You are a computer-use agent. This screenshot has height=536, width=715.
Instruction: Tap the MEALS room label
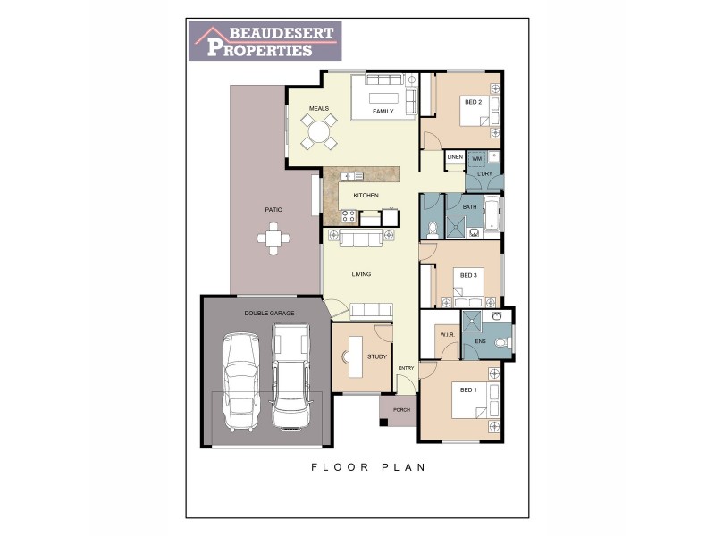click(319, 108)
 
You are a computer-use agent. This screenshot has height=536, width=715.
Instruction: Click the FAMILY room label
click(383, 112)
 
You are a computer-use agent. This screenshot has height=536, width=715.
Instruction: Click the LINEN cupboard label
click(455, 158)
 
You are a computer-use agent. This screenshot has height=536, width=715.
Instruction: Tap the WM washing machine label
click(476, 158)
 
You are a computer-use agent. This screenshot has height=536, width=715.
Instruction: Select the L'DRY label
click(485, 173)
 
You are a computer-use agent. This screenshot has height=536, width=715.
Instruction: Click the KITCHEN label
click(366, 195)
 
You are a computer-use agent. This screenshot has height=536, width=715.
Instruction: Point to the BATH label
click(470, 208)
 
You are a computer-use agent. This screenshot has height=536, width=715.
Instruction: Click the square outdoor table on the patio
click(273, 238)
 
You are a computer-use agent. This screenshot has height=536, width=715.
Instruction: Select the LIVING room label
click(361, 274)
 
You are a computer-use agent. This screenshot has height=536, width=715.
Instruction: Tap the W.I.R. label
click(448, 335)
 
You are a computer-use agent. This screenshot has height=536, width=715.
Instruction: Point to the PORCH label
click(401, 410)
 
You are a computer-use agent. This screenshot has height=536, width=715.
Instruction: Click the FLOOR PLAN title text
click(367, 466)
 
